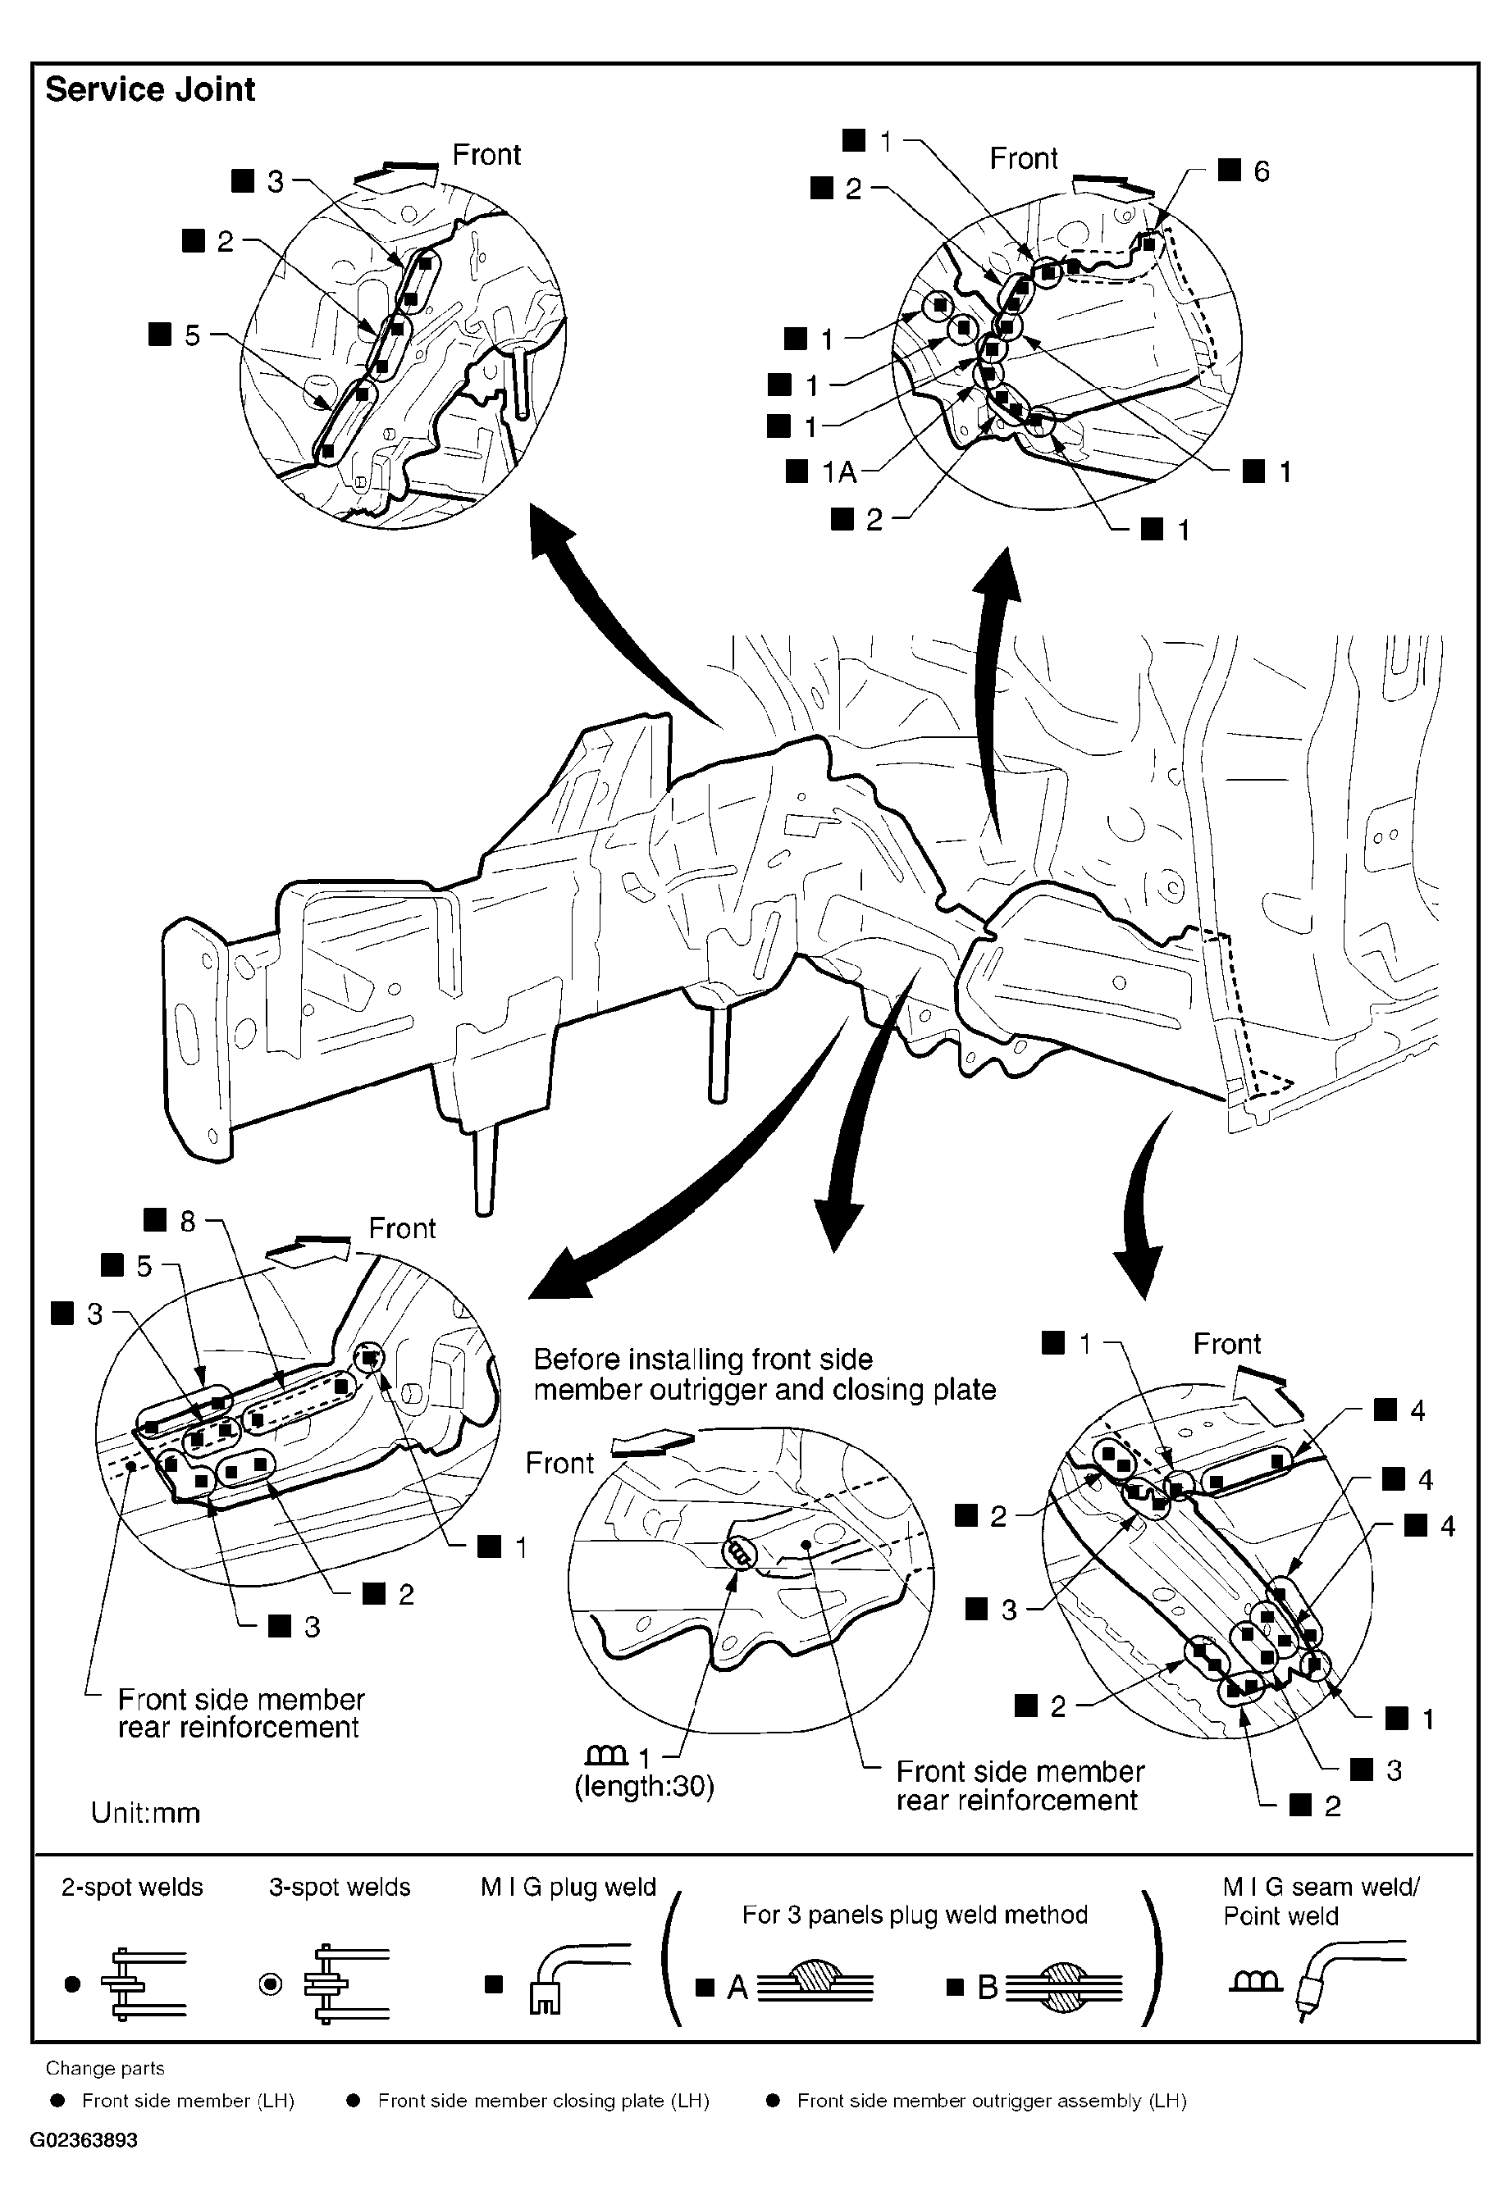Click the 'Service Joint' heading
point(150,89)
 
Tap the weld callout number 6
point(1260,171)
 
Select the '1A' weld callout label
point(838,471)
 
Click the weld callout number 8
point(187,1220)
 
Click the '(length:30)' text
point(644,1786)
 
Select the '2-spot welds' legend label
point(132,1886)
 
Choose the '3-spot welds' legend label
point(340,1886)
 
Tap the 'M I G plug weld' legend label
point(568,1886)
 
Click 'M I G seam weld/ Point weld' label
point(1320,1900)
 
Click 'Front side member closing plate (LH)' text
point(543,2100)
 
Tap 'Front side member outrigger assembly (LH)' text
point(991,2100)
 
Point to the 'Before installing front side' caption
point(703,1359)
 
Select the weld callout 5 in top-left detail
point(192,335)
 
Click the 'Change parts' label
point(105,2067)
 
